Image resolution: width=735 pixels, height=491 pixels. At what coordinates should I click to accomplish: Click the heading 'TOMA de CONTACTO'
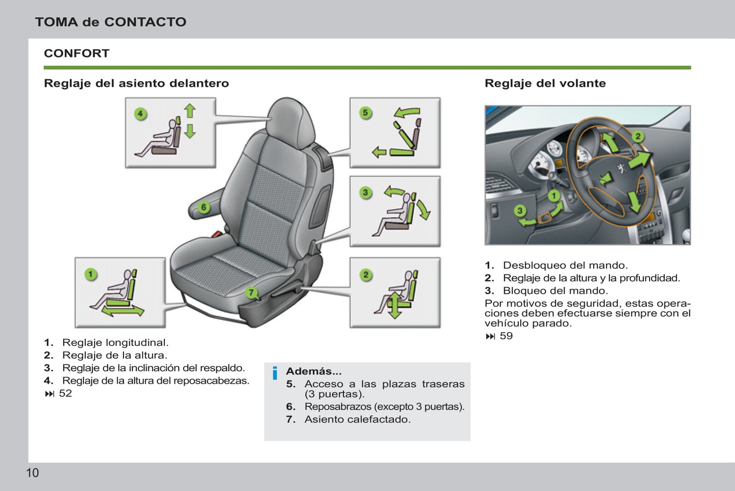pos(110,22)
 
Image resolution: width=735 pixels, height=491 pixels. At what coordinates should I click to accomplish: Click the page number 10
pos(32,473)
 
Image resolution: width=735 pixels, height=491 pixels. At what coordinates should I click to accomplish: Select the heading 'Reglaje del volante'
pos(545,83)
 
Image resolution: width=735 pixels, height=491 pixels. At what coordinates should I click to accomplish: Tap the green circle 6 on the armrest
pos(203,207)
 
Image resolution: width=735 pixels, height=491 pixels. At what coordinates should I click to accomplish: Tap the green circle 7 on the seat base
pos(251,292)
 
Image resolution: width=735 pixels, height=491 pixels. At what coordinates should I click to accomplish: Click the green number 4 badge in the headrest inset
pos(140,114)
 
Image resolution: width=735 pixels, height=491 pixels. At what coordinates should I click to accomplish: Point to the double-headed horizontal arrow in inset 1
pos(123,310)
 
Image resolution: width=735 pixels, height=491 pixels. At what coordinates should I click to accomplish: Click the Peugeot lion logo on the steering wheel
pos(621,168)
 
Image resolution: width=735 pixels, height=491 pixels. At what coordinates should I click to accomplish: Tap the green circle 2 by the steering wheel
pos(638,136)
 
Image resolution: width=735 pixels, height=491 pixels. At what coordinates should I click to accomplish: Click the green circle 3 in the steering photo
pos(519,210)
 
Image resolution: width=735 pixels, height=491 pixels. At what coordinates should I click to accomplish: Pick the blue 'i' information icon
pos(275,373)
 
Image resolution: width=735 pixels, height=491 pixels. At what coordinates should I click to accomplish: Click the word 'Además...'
pos(313,371)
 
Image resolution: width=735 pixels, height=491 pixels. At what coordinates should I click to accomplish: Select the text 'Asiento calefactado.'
pos(357,419)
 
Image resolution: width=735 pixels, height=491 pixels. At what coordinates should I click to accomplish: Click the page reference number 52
pos(65,393)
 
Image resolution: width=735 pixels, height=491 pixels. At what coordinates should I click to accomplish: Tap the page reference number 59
pos(506,336)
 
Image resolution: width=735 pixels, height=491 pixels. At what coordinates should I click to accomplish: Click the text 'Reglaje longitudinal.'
pos(115,342)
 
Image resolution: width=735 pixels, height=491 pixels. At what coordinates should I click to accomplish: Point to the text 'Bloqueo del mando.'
pos(555,290)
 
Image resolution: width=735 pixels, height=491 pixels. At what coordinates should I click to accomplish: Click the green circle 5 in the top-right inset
pos(365,113)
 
